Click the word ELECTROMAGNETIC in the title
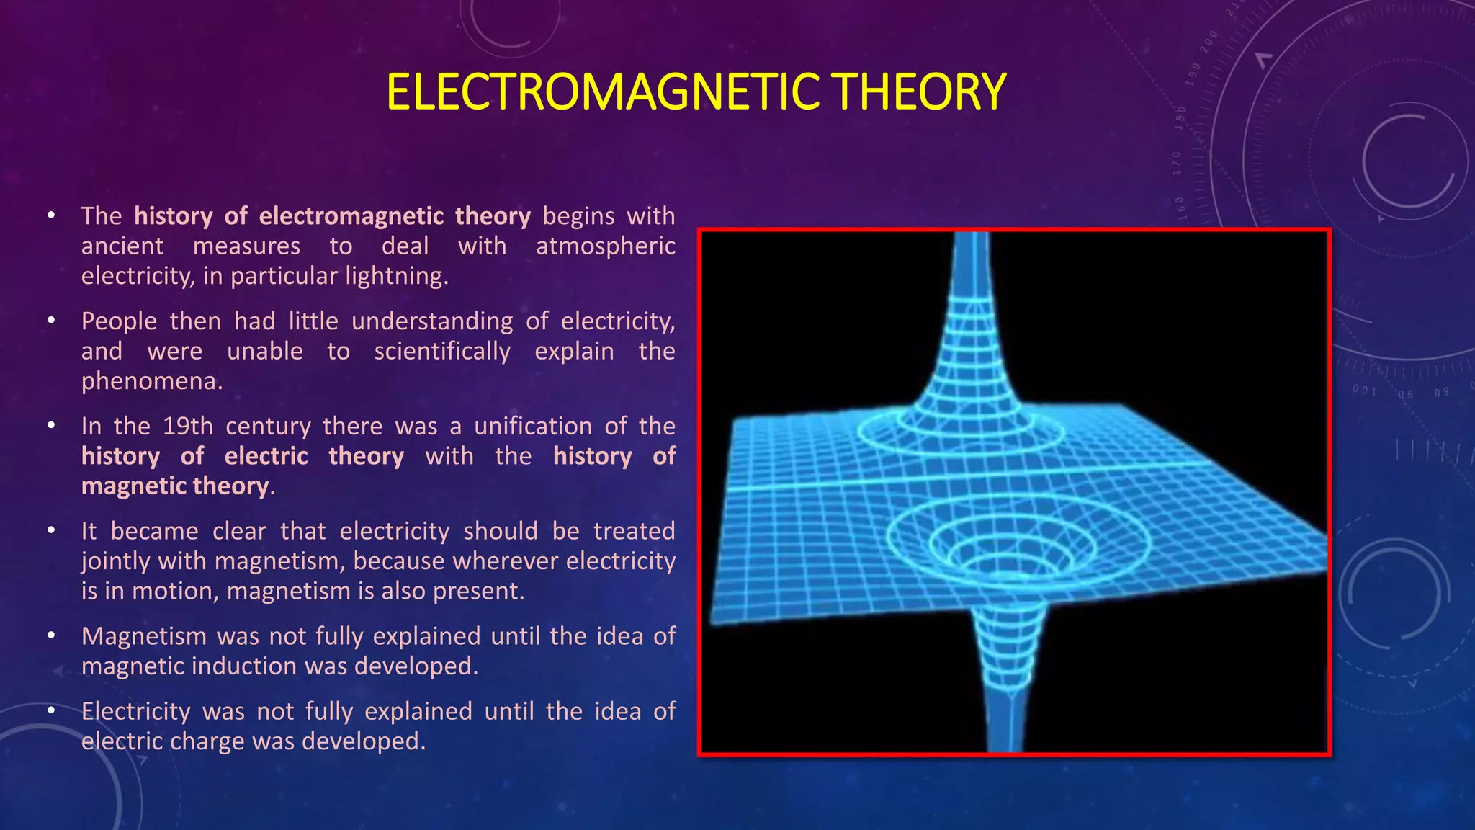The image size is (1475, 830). (x=602, y=92)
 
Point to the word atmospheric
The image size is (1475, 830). (x=605, y=246)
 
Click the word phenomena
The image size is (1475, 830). (x=151, y=381)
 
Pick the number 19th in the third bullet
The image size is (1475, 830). (x=188, y=426)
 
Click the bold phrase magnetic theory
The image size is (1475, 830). (x=175, y=486)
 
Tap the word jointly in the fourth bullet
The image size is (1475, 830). (x=116, y=561)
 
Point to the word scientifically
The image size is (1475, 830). (x=442, y=351)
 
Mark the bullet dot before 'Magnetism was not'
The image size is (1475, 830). (x=51, y=636)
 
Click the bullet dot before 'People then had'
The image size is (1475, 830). (x=51, y=321)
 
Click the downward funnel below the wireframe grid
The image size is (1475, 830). (x=1008, y=670)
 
